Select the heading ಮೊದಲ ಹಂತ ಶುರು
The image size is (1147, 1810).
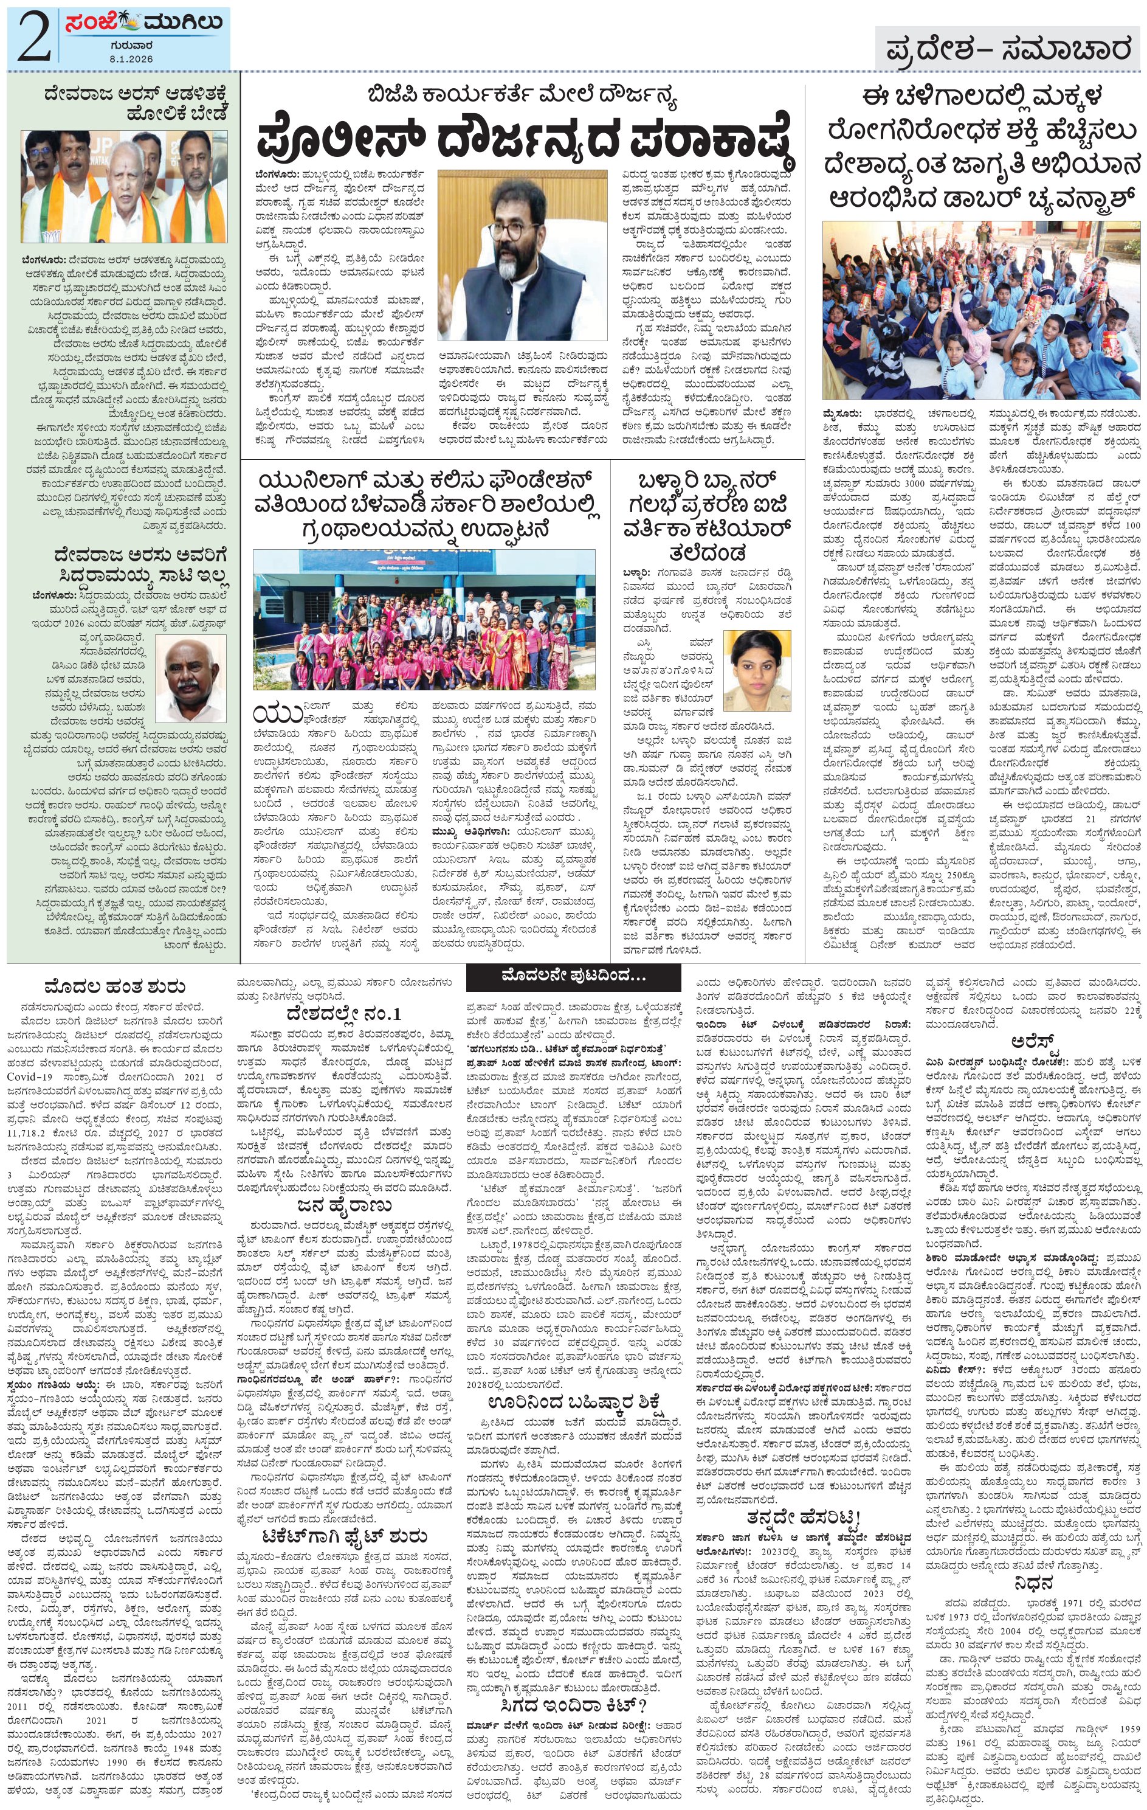click(105, 986)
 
